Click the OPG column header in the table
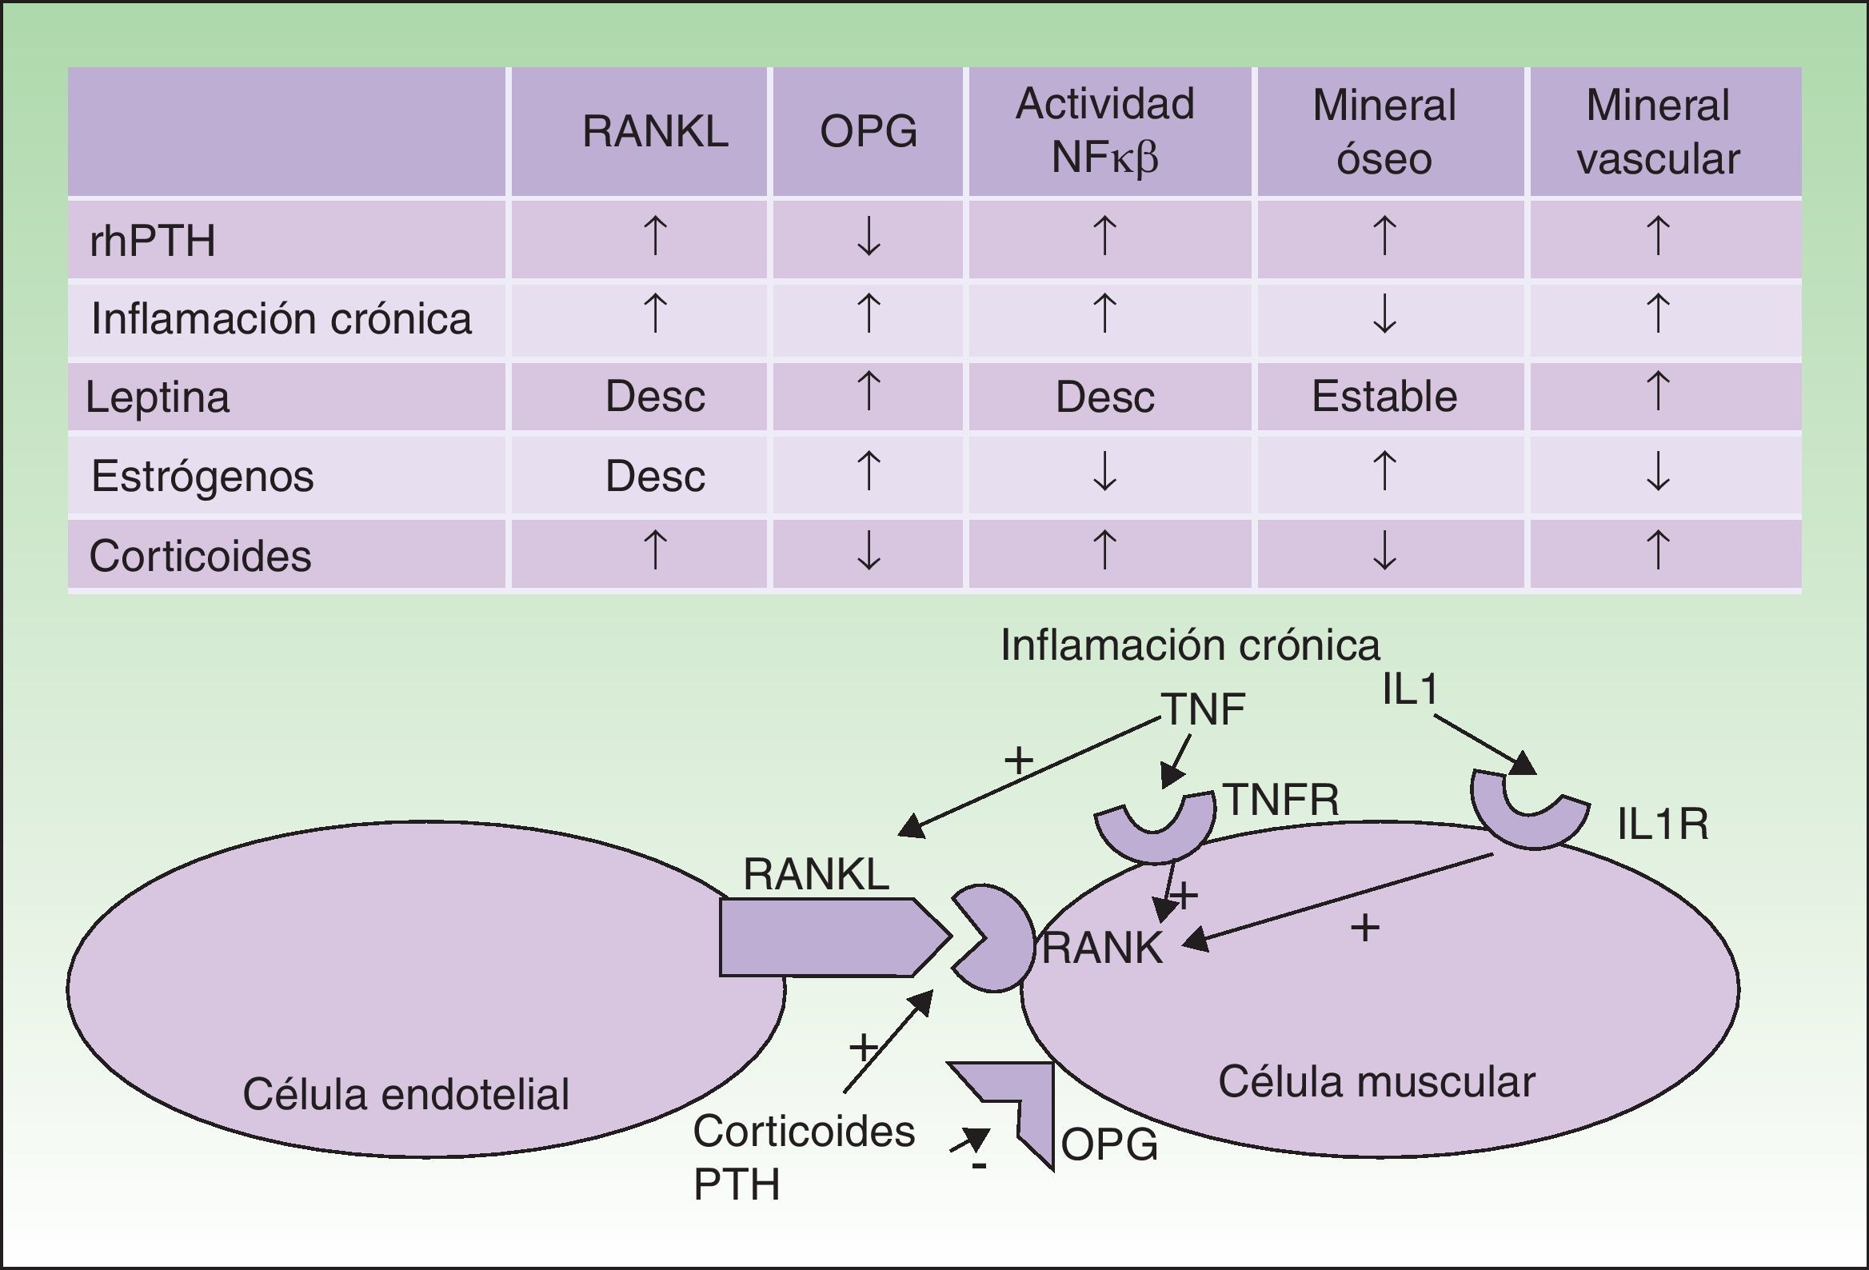coord(868,131)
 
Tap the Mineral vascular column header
coord(1658,131)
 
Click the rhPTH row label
coord(153,241)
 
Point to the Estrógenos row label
coord(202,475)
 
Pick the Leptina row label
coord(158,397)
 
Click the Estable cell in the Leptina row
coord(1384,397)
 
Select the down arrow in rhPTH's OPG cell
coord(869,237)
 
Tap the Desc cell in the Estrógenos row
coord(655,475)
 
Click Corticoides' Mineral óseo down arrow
coord(1384,552)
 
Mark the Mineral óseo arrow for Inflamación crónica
coord(1384,314)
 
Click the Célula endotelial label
coord(406,1094)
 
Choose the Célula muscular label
coord(1376,1082)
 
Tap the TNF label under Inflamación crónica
coord(1203,709)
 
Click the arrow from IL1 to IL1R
coord(1484,744)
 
